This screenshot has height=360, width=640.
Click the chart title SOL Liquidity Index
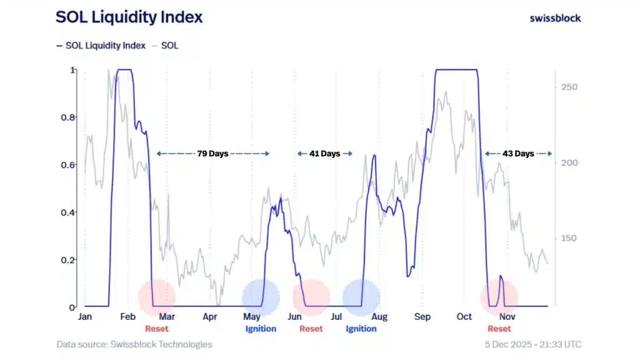(129, 17)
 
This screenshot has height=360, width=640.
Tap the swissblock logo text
(555, 18)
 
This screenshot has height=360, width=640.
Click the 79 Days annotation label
(212, 153)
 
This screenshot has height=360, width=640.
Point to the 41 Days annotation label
(324, 153)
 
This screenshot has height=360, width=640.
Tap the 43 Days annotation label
(519, 153)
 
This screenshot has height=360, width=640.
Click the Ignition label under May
(261, 329)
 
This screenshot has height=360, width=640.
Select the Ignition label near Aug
(361, 329)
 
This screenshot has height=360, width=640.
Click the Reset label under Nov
(499, 329)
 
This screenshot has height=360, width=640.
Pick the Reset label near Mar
(157, 329)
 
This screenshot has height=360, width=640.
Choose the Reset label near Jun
(311, 329)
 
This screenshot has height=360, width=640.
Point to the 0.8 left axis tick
(71, 117)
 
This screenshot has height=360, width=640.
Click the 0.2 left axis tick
(71, 260)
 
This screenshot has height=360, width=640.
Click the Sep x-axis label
(422, 317)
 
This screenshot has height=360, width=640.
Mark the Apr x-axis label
(210, 317)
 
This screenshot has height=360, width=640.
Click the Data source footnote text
(134, 344)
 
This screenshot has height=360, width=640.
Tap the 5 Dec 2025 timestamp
(532, 344)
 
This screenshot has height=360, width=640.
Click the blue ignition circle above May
(261, 297)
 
